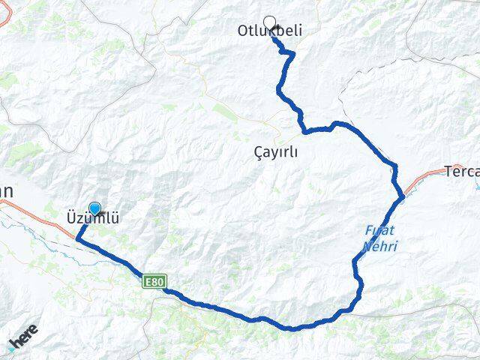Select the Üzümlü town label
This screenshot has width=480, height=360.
(89, 219)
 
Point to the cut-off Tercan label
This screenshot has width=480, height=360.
(462, 172)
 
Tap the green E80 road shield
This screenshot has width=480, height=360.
(154, 281)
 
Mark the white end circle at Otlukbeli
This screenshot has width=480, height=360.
(269, 22)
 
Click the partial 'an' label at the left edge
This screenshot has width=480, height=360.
(6, 191)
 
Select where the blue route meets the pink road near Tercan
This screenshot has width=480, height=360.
(402, 196)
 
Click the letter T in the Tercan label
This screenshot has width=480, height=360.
(449, 172)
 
